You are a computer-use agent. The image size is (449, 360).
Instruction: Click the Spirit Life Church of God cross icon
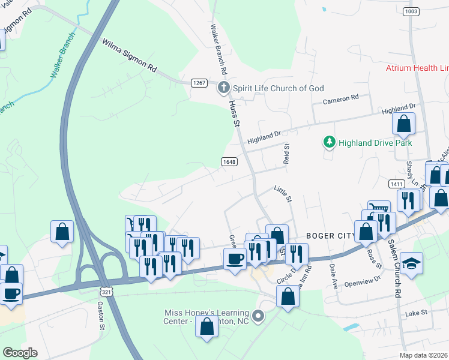(223, 88)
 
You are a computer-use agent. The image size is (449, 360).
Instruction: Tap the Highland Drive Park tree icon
(328, 143)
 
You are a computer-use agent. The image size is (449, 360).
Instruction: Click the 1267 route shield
(199, 82)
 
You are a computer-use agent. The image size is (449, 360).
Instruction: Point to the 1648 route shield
(229, 161)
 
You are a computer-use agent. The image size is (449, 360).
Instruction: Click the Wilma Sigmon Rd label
(128, 56)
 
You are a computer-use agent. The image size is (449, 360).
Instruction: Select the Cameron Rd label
(340, 98)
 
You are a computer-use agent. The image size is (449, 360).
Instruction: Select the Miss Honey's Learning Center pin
(258, 315)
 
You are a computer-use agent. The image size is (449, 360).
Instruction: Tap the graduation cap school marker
(411, 263)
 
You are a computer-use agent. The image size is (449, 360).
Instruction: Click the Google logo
(20, 353)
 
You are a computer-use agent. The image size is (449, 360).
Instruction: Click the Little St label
(282, 193)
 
